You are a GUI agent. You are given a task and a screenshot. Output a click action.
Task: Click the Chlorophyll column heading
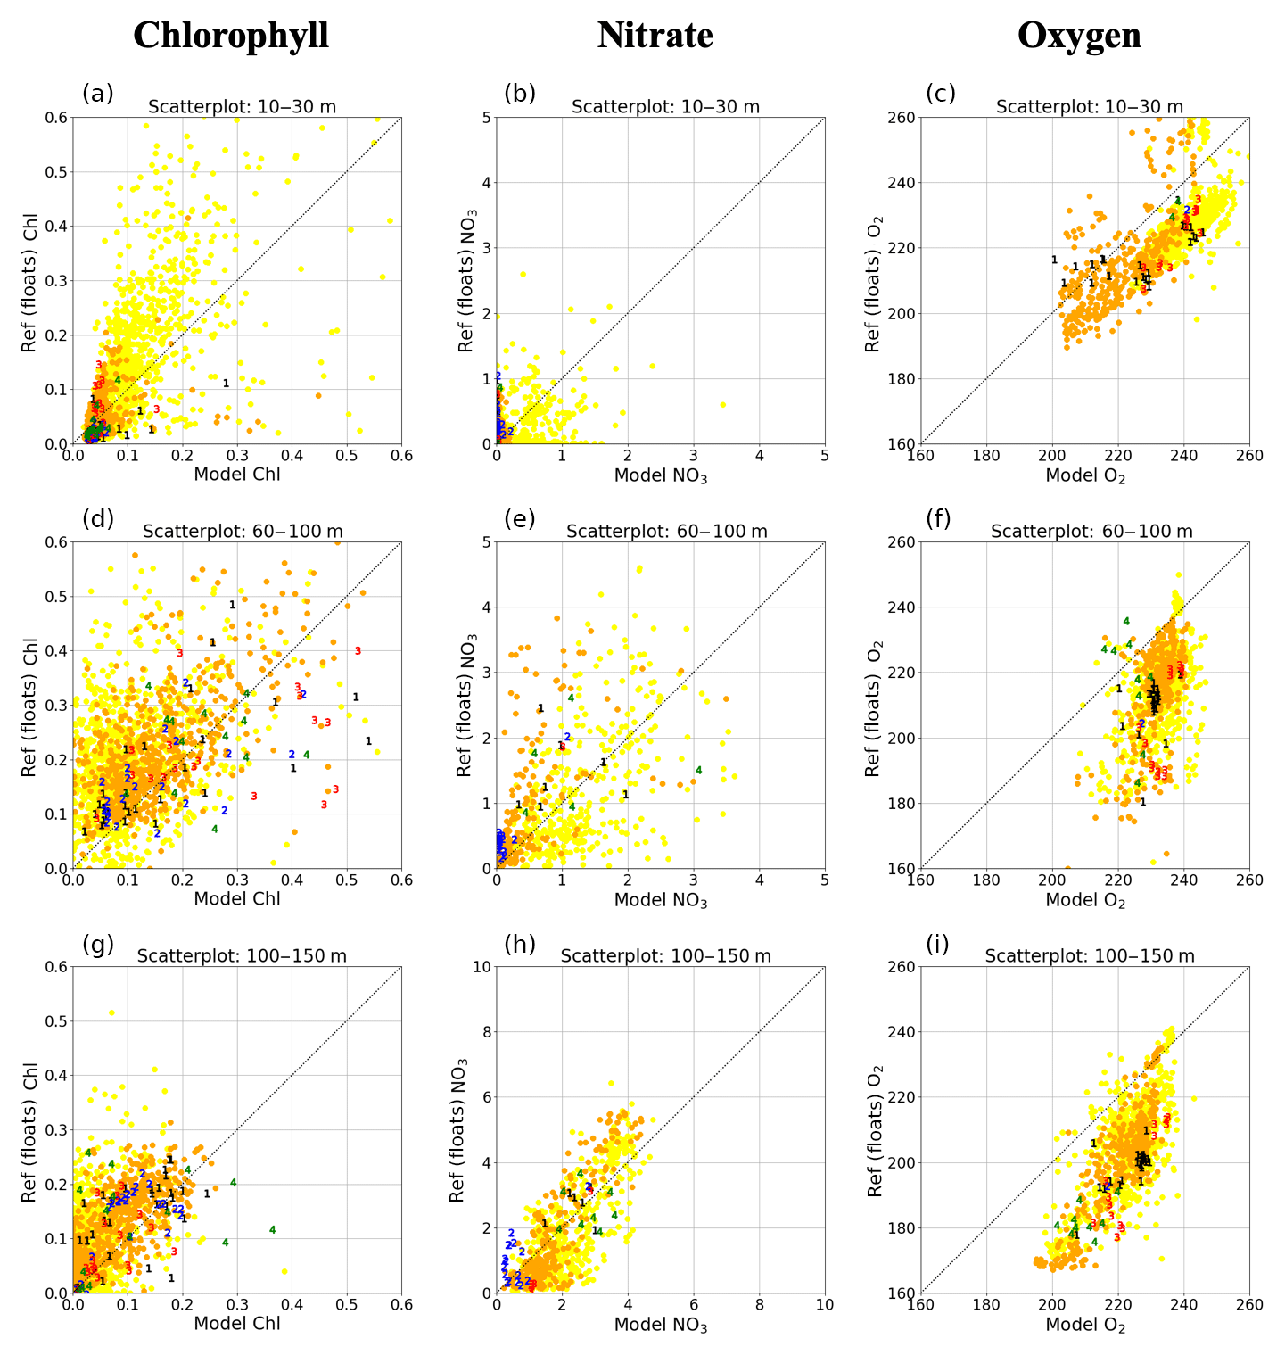pos(231,36)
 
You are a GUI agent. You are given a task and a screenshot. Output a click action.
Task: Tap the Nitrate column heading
pos(655,36)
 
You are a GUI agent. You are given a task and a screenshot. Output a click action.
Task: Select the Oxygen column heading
pos(1079,36)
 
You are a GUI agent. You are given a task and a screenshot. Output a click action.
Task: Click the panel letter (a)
pos(98,94)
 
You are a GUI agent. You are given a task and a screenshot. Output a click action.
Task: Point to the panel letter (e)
pos(520,518)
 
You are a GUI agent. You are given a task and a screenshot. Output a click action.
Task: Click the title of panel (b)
pos(665,107)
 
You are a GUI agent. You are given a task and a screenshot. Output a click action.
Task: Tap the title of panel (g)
pos(242,956)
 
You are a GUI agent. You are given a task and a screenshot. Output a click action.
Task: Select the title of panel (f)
pos(1091,532)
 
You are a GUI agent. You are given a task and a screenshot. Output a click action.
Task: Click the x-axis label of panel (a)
pos(237,475)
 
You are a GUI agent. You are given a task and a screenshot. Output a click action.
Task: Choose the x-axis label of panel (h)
pos(661,1326)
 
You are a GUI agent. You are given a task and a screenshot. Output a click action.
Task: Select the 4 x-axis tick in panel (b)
pos(759,456)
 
